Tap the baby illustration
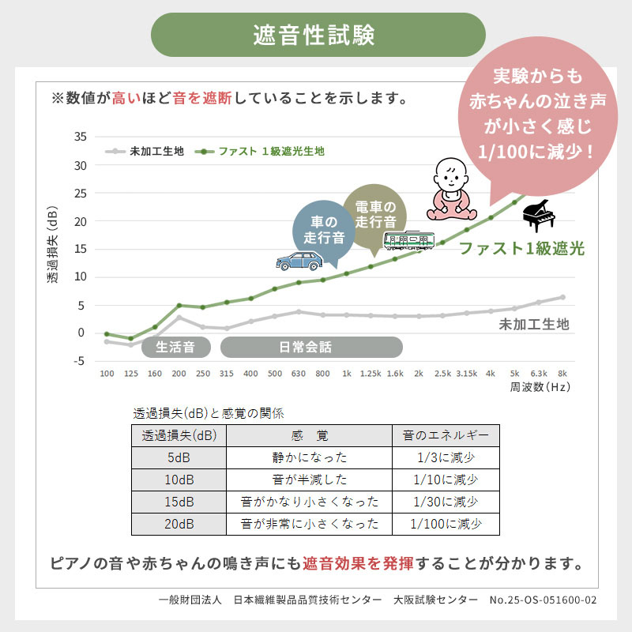450,191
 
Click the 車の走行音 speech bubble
325,228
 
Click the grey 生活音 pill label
177,346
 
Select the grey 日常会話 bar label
310,346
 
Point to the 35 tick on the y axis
80,137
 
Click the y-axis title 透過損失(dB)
52,250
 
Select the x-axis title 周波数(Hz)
540,388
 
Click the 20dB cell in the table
179,524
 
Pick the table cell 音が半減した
309,480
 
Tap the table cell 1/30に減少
446,502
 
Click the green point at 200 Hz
179,305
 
